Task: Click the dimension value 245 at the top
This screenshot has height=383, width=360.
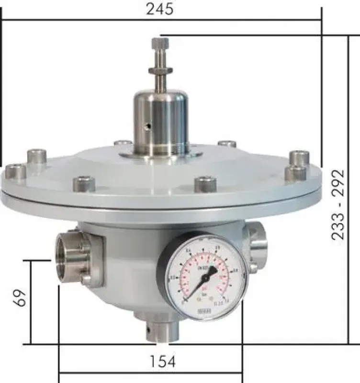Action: [160, 9]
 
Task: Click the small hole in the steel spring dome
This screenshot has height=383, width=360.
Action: [148, 126]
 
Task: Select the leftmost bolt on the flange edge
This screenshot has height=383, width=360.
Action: [15, 171]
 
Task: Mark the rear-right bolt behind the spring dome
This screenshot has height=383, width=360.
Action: [226, 143]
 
